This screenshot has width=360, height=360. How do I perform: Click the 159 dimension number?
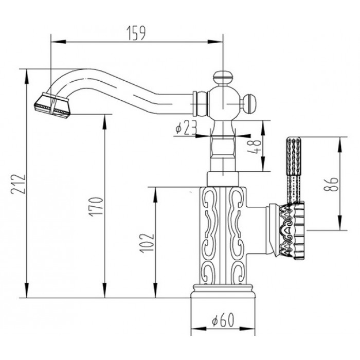[136, 33]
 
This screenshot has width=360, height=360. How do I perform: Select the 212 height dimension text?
[19, 184]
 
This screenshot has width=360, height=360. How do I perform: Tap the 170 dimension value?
[97, 207]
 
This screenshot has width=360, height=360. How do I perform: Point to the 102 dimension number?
[147, 243]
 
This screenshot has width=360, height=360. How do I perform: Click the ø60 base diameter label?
[223, 320]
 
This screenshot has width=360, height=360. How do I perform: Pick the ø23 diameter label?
[186, 128]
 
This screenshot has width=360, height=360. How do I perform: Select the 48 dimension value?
[254, 147]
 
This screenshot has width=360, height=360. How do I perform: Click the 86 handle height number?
[331, 184]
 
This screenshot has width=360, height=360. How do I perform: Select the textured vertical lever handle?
[293, 170]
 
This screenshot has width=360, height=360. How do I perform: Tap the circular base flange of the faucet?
[223, 291]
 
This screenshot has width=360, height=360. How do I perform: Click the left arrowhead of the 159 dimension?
[58, 42]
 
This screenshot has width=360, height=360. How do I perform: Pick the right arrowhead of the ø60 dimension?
[247, 329]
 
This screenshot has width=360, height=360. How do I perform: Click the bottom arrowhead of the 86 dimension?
[339, 222]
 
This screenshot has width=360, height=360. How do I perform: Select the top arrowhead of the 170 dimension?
[105, 122]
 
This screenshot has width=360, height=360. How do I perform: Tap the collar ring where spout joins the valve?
[195, 104]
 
